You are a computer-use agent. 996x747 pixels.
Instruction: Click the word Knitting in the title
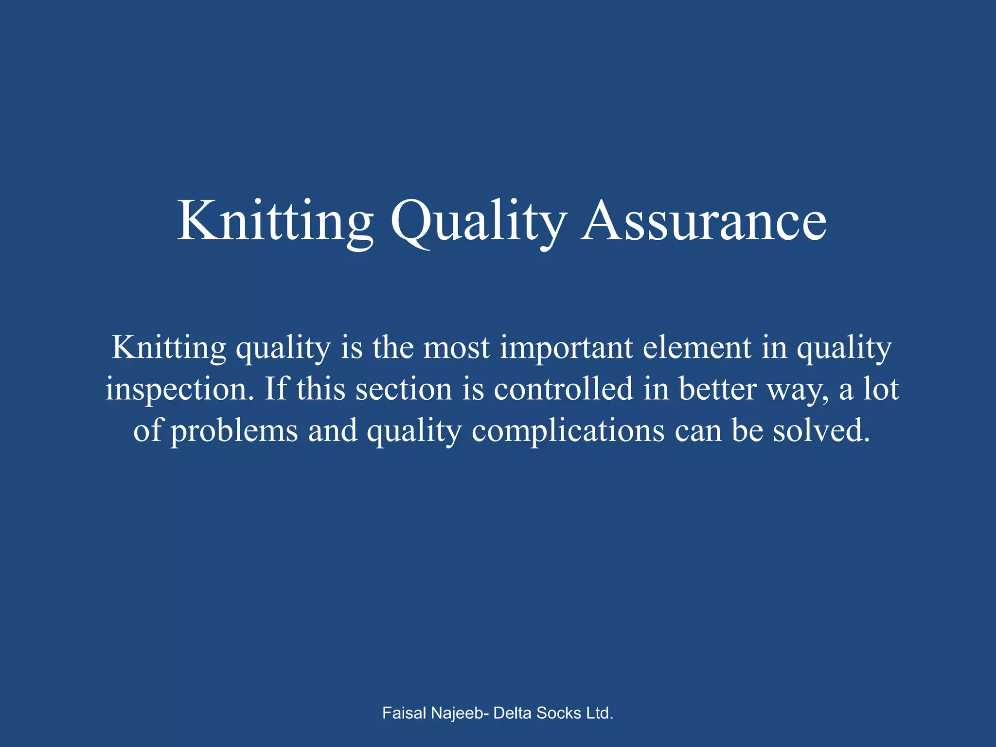pyautogui.click(x=275, y=221)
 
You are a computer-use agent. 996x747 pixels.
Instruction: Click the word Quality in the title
pyautogui.click(x=479, y=221)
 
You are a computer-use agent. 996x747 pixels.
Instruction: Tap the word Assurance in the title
pyautogui.click(x=704, y=221)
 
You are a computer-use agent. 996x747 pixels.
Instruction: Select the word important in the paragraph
pyautogui.click(x=567, y=348)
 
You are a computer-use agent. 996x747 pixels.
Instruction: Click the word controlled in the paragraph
pyautogui.click(x=564, y=389)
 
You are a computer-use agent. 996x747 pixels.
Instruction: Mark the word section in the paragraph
pyautogui.click(x=404, y=389)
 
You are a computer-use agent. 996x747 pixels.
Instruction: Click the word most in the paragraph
pyautogui.click(x=456, y=348)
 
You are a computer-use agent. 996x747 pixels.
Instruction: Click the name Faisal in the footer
pyautogui.click(x=405, y=713)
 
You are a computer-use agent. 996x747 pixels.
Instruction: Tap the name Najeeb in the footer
pyautogui.click(x=460, y=713)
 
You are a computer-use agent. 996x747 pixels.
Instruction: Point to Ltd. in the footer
pyautogui.click(x=600, y=713)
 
